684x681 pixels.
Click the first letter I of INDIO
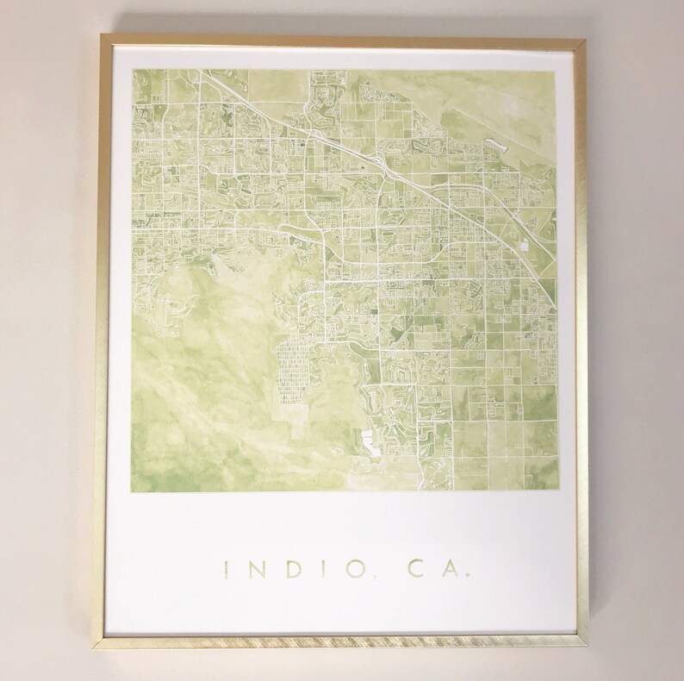tap(227, 570)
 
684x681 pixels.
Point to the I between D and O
tap(317, 570)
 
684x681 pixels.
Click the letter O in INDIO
tap(345, 570)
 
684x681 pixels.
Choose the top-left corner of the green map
tap(131, 67)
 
